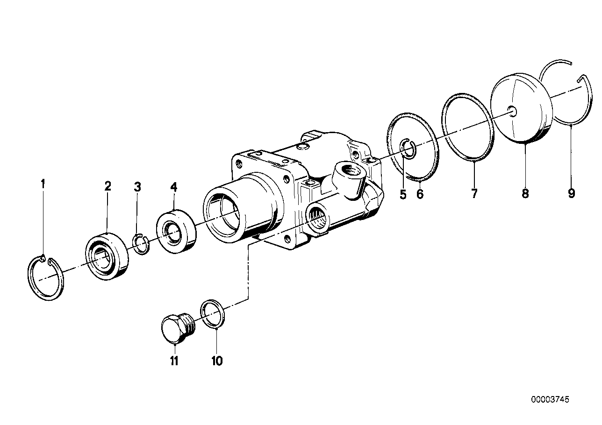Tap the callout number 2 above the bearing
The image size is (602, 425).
click(108, 186)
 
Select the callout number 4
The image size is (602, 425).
click(174, 187)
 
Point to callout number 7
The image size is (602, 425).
click(474, 193)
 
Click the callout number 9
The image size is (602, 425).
click(572, 193)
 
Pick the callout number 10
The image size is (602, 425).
click(217, 361)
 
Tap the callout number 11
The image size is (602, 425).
click(174, 361)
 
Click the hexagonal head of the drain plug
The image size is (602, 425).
click(171, 329)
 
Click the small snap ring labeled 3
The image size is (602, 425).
click(141, 245)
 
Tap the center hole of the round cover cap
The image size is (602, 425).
click(513, 111)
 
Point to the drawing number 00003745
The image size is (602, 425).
click(550, 400)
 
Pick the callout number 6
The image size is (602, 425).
click(420, 193)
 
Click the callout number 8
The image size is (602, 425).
click(525, 193)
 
